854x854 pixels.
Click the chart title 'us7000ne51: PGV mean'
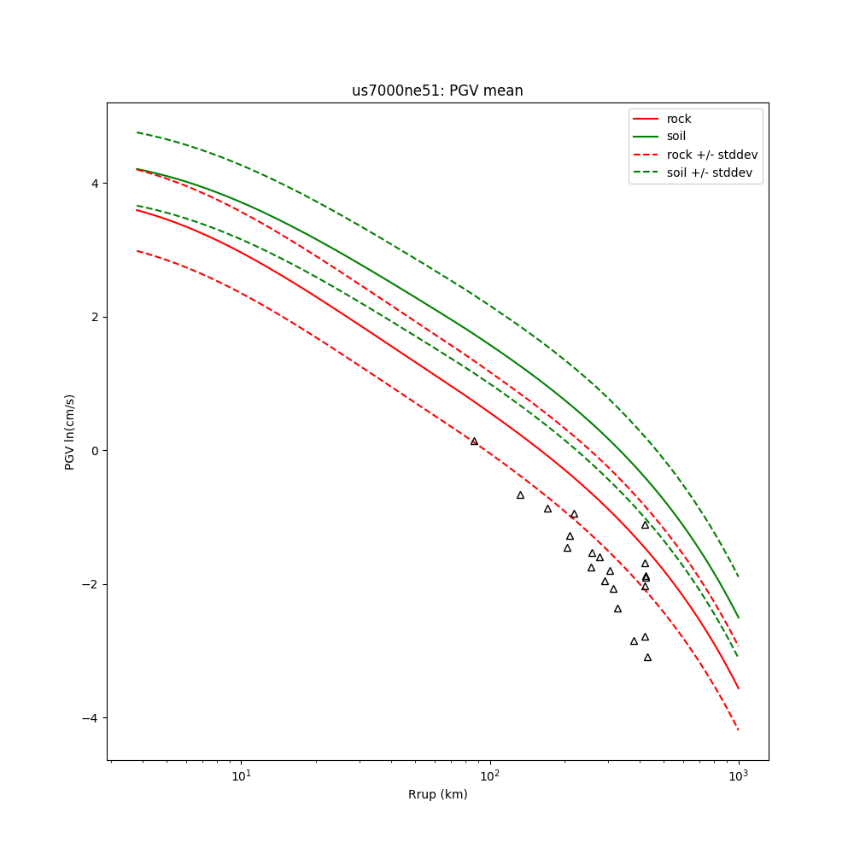pyautogui.click(x=437, y=91)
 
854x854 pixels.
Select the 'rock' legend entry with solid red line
pyautogui.click(x=679, y=119)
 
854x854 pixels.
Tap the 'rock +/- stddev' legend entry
pyautogui.click(x=711, y=155)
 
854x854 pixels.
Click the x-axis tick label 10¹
pyautogui.click(x=242, y=776)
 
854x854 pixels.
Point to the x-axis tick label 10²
pyautogui.click(x=490, y=776)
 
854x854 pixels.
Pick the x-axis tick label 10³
pyautogui.click(x=738, y=776)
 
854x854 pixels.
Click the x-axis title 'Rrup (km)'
pyautogui.click(x=437, y=794)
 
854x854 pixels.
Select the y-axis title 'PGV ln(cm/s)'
pyautogui.click(x=70, y=431)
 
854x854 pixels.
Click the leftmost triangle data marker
pyautogui.click(x=474, y=441)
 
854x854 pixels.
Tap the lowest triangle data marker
pyautogui.click(x=647, y=657)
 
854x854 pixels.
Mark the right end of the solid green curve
pyautogui.click(x=738, y=617)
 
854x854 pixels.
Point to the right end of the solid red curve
pyautogui.click(x=738, y=688)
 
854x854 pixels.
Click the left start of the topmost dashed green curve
pyautogui.click(x=137, y=132)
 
